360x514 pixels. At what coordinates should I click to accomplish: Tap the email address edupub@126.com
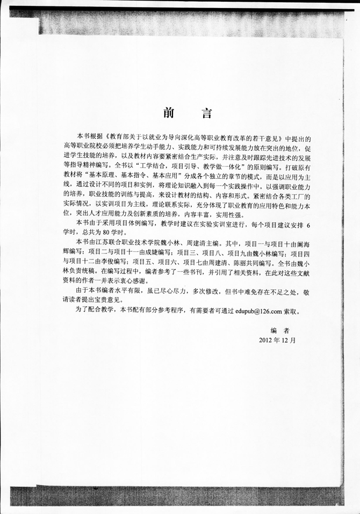pos(257,310)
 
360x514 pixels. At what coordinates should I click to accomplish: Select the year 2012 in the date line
pos(267,340)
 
